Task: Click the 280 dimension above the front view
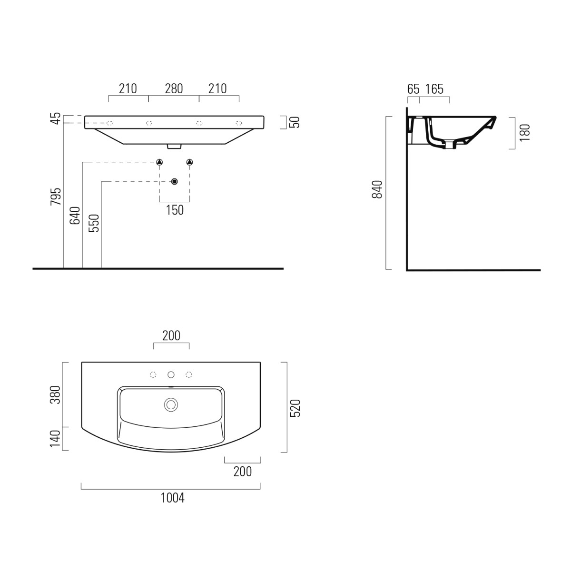pyautogui.click(x=174, y=89)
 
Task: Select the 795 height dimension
pyautogui.click(x=56, y=197)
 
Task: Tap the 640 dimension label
pyautogui.click(x=75, y=215)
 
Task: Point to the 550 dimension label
pyautogui.click(x=94, y=223)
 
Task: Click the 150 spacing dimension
pyautogui.click(x=175, y=210)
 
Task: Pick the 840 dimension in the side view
pyautogui.click(x=377, y=189)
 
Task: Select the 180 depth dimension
pyautogui.click(x=524, y=133)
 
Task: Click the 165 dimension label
pyautogui.click(x=434, y=89)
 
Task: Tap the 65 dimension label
pyautogui.click(x=413, y=89)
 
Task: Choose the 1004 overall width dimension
pyautogui.click(x=172, y=498)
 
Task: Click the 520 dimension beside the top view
pyautogui.click(x=295, y=408)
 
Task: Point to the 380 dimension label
pyautogui.click(x=56, y=394)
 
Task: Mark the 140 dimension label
pyautogui.click(x=56, y=438)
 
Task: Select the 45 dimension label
pyautogui.click(x=56, y=118)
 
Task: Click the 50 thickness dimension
pyautogui.click(x=295, y=122)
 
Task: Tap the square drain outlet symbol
pyautogui.click(x=175, y=181)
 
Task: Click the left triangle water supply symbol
pyautogui.click(x=159, y=163)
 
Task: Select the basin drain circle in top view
pyautogui.click(x=171, y=404)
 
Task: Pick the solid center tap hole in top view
pyautogui.click(x=171, y=375)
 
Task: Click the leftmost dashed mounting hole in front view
pyautogui.click(x=109, y=123)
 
